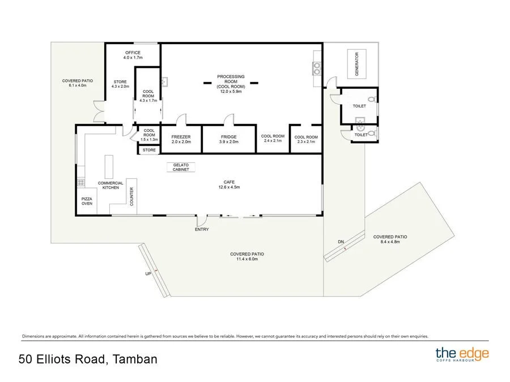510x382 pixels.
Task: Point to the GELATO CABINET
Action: pyautogui.click(x=181, y=167)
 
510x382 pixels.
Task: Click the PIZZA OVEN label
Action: pyautogui.click(x=87, y=201)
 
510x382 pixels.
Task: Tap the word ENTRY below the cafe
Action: pyautogui.click(x=202, y=229)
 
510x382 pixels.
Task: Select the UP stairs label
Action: pyautogui.click(x=147, y=273)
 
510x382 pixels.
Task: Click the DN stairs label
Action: pyautogui.click(x=341, y=242)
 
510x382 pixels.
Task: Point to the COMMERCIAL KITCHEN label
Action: pyautogui.click(x=110, y=185)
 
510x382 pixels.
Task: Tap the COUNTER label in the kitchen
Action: pyautogui.click(x=131, y=196)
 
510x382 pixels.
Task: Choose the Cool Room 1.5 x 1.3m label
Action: pyautogui.click(x=150, y=134)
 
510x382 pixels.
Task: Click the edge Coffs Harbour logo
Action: pyautogui.click(x=462, y=355)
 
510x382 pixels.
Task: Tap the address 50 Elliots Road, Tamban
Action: pyautogui.click(x=88, y=359)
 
